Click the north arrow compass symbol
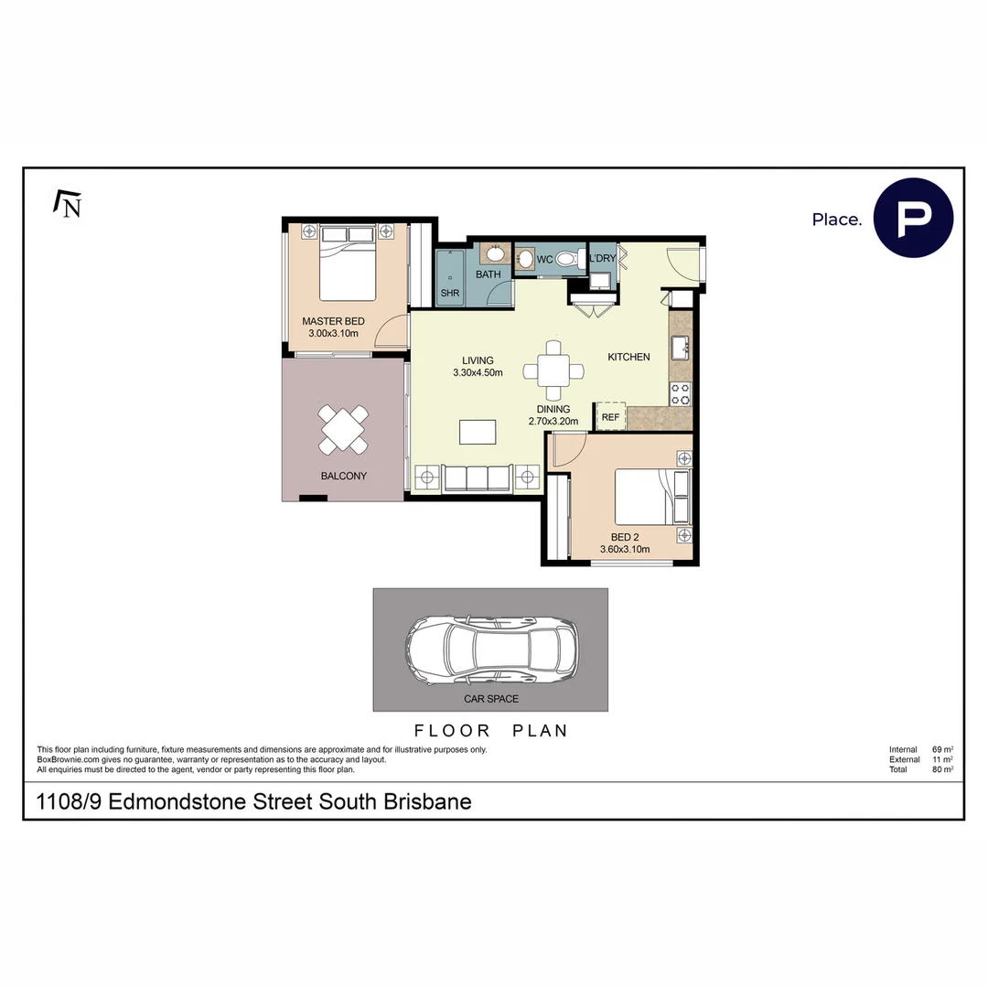[68, 204]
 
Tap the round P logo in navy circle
[912, 219]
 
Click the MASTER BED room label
[333, 321]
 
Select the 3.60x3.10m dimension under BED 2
[625, 550]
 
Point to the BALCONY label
[343, 476]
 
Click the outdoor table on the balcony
[344, 429]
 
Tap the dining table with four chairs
[554, 370]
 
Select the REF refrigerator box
[610, 417]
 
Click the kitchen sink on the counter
[680, 348]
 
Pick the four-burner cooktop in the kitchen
[681, 393]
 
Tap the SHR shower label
[449, 294]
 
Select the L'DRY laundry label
[602, 259]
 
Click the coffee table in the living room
[478, 430]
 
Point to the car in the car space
[492, 649]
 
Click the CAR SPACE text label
[491, 699]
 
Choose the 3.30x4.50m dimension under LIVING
[478, 373]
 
